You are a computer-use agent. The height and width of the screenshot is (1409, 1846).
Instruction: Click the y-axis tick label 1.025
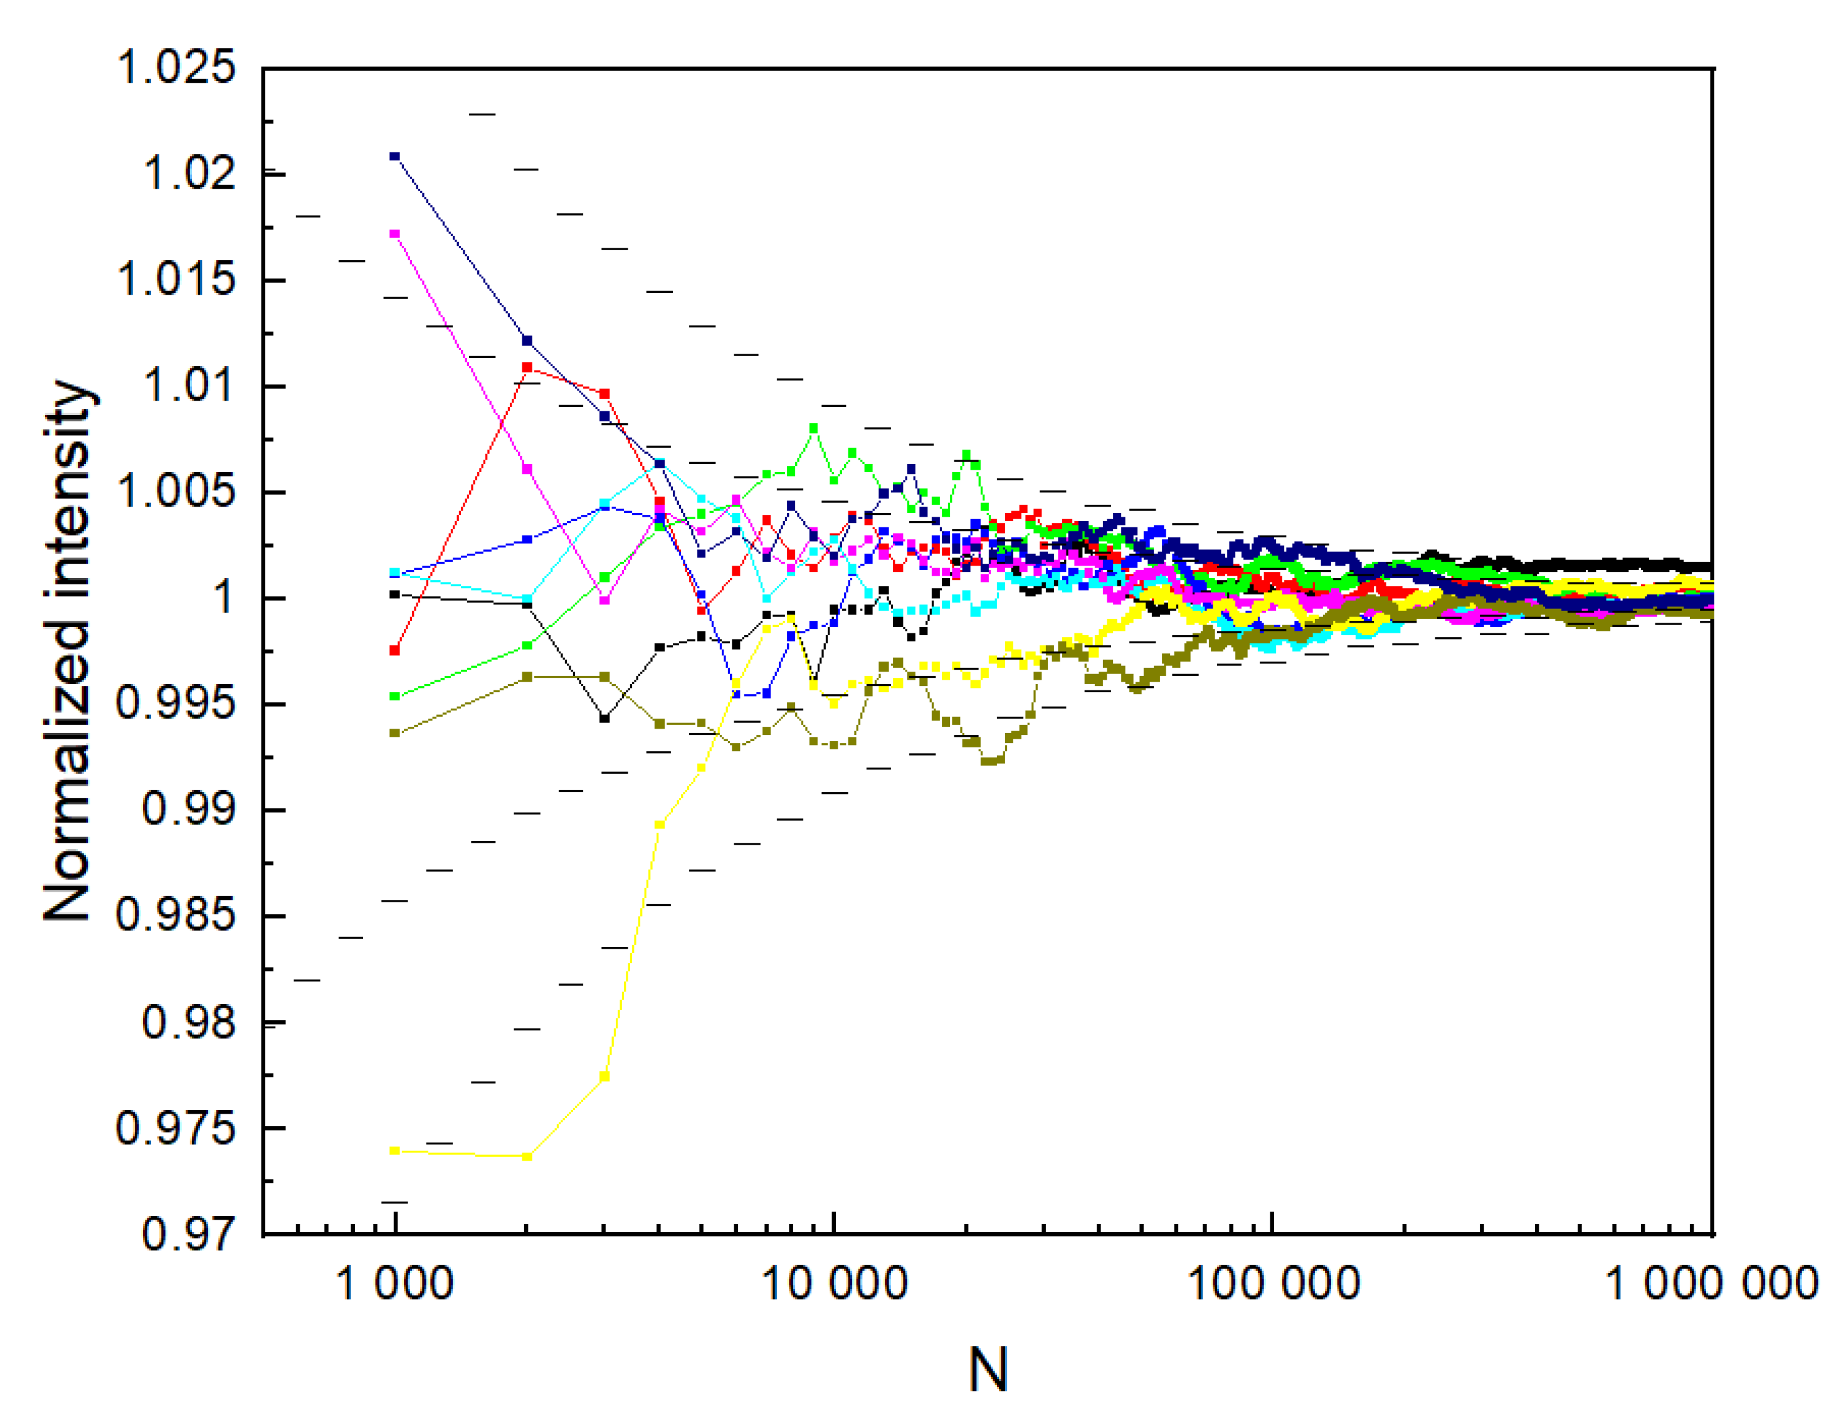click(x=176, y=67)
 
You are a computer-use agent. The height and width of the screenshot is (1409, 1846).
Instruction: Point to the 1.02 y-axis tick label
click(x=189, y=174)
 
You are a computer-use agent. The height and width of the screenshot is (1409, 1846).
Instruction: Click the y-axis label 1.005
click(x=176, y=492)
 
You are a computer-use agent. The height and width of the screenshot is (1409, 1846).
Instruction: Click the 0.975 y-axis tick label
click(x=176, y=1128)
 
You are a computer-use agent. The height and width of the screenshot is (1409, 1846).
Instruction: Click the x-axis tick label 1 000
click(x=394, y=1283)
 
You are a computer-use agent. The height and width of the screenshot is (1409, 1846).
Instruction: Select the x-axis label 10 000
click(x=834, y=1283)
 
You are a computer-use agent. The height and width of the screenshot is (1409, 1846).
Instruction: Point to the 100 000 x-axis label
click(x=1273, y=1283)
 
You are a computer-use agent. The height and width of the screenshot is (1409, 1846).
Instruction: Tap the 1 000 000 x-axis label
click(x=1711, y=1283)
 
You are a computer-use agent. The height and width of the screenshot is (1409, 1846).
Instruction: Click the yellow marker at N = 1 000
click(x=395, y=1151)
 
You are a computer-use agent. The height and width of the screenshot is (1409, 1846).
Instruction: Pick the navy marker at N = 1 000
click(x=395, y=156)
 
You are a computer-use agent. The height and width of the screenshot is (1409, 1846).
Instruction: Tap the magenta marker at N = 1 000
click(x=395, y=234)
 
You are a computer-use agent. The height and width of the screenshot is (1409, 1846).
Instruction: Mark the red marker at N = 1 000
click(x=395, y=651)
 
